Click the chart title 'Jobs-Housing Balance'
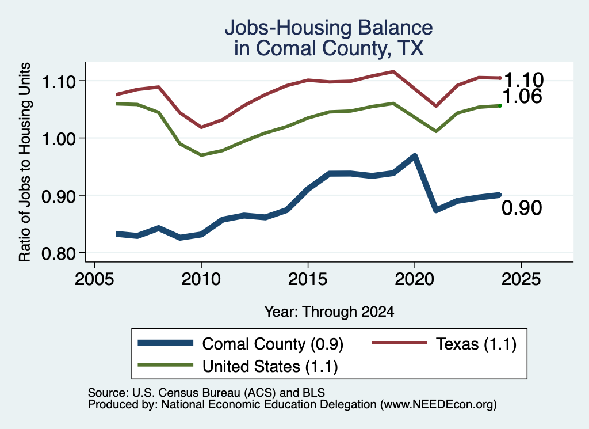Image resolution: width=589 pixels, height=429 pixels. click(x=328, y=28)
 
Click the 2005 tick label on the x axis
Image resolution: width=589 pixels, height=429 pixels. click(x=94, y=279)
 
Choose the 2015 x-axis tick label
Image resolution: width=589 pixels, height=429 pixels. click(x=308, y=279)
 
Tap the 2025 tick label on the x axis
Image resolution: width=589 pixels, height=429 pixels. click(x=521, y=279)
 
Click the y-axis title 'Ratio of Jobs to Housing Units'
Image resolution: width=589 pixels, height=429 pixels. click(x=24, y=162)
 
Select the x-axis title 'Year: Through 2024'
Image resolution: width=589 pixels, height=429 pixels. click(x=329, y=312)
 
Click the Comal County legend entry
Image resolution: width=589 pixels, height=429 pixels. click(x=240, y=344)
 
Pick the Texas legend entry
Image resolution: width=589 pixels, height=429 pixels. click(x=445, y=344)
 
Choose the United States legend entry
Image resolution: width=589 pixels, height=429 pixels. click(x=238, y=366)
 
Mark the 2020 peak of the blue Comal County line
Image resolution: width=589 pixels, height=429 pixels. click(x=414, y=156)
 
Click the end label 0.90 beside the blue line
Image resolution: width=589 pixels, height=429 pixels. click(x=522, y=208)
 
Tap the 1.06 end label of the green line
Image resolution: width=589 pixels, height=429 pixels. click(x=522, y=97)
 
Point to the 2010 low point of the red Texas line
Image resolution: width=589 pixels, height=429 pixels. click(x=201, y=127)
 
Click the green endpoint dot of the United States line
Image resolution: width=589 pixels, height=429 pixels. click(x=500, y=105)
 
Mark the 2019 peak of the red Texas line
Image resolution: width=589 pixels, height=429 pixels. click(x=393, y=71)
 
